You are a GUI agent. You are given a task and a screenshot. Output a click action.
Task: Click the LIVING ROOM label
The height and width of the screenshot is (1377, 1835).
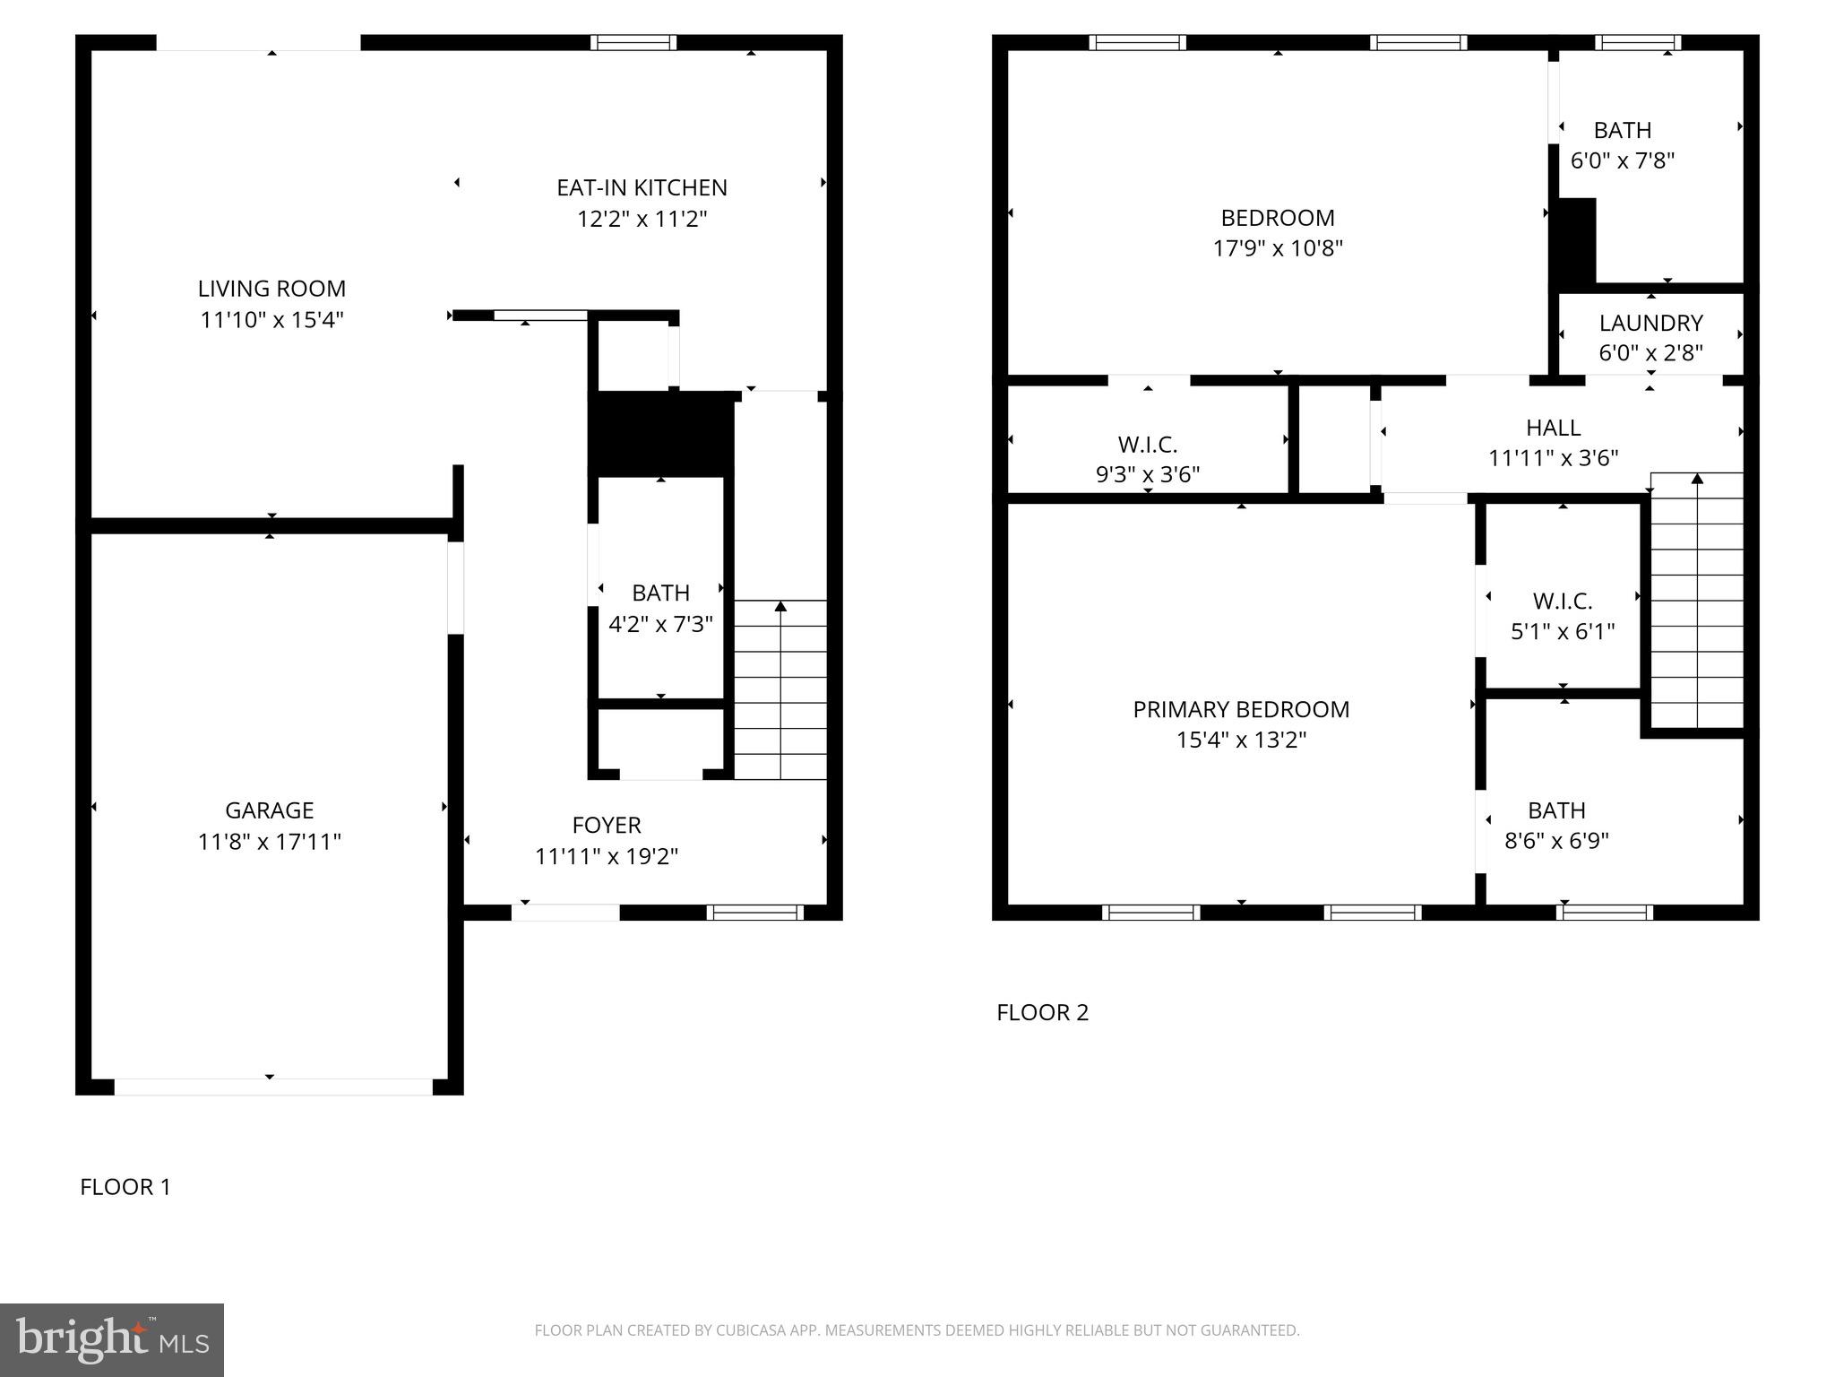[271, 289]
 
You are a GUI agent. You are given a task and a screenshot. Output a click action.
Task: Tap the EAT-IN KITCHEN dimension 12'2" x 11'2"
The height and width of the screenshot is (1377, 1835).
[642, 219]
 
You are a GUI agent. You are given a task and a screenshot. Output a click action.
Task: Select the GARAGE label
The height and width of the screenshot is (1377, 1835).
[269, 810]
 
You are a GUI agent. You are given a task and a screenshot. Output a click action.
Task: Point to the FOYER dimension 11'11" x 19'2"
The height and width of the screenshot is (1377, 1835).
[607, 856]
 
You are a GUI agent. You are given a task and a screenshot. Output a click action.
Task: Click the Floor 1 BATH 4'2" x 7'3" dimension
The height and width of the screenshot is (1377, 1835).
[660, 624]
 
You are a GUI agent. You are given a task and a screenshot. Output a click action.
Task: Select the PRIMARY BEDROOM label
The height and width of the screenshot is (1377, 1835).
[1241, 709]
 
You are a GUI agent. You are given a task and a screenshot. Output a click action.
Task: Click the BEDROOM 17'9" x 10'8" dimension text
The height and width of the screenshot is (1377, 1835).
[1278, 248]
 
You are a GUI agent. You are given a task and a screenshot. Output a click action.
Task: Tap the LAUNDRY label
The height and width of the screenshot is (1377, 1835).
[1650, 323]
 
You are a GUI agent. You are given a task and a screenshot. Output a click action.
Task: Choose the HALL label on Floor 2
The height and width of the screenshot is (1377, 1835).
[1553, 428]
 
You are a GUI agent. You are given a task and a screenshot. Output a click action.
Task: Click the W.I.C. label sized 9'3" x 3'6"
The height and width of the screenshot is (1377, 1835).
[1148, 445]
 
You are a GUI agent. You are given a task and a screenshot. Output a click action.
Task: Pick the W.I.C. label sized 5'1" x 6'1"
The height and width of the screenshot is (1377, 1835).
[1563, 601]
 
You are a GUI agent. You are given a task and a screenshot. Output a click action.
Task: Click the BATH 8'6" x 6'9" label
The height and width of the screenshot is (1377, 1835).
[1556, 810]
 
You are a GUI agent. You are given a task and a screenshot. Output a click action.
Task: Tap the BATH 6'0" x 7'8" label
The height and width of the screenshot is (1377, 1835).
[1623, 131]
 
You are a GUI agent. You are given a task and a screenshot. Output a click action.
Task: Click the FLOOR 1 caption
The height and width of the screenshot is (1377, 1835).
[125, 1187]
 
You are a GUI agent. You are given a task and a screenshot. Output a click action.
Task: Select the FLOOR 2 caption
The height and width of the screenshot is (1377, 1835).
[1042, 1012]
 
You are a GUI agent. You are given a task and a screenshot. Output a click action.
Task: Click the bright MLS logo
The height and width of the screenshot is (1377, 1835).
[112, 1339]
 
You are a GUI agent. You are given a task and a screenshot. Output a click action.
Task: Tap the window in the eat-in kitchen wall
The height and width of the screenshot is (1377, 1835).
[633, 42]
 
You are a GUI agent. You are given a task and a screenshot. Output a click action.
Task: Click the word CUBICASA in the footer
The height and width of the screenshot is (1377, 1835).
[750, 1330]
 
